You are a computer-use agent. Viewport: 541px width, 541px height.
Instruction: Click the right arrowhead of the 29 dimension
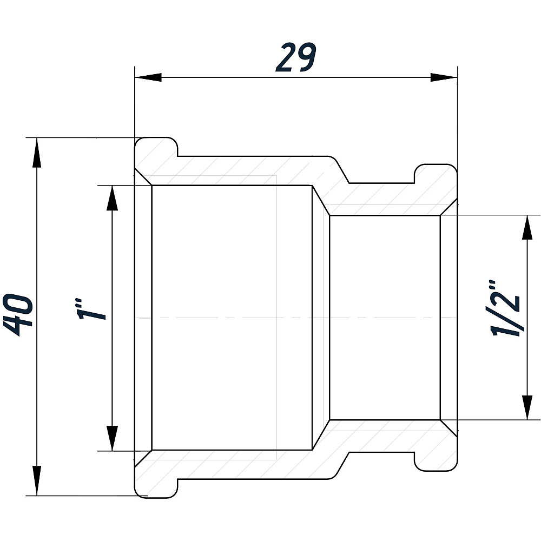(x=444, y=77)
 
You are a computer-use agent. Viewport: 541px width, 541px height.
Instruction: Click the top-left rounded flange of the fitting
(x=156, y=148)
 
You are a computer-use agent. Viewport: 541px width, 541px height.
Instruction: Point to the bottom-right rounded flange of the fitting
(x=436, y=460)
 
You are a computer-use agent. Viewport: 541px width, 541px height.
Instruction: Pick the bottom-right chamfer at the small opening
(x=449, y=428)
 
